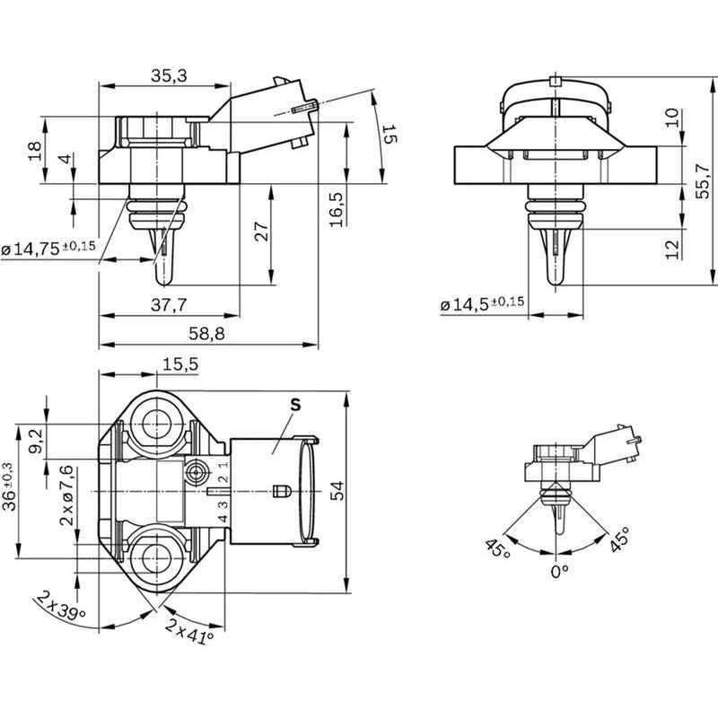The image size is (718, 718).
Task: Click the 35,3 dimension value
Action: (169, 75)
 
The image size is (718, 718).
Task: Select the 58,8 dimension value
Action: (207, 334)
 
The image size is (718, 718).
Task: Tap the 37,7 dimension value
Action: (169, 304)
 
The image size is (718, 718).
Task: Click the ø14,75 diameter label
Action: (48, 249)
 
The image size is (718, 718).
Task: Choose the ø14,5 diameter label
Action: (482, 303)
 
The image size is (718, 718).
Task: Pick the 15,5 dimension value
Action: (180, 364)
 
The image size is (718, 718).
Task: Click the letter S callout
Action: (296, 405)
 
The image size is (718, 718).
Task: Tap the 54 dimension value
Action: (337, 491)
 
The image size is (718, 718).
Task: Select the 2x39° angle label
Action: (61, 606)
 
